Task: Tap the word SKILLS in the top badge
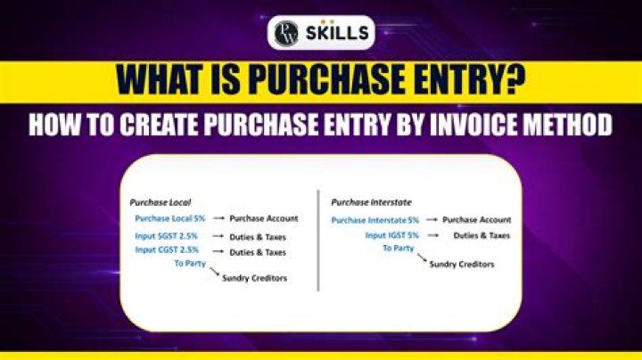[335, 34]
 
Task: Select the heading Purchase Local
[160, 202]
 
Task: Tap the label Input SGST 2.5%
[167, 236]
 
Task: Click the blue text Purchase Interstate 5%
[375, 219]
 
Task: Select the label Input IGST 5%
[391, 235]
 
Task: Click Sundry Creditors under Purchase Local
[255, 280]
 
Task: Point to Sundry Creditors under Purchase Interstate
[462, 265]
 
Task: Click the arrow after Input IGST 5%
[433, 235]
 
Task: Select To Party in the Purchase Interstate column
[398, 249]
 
